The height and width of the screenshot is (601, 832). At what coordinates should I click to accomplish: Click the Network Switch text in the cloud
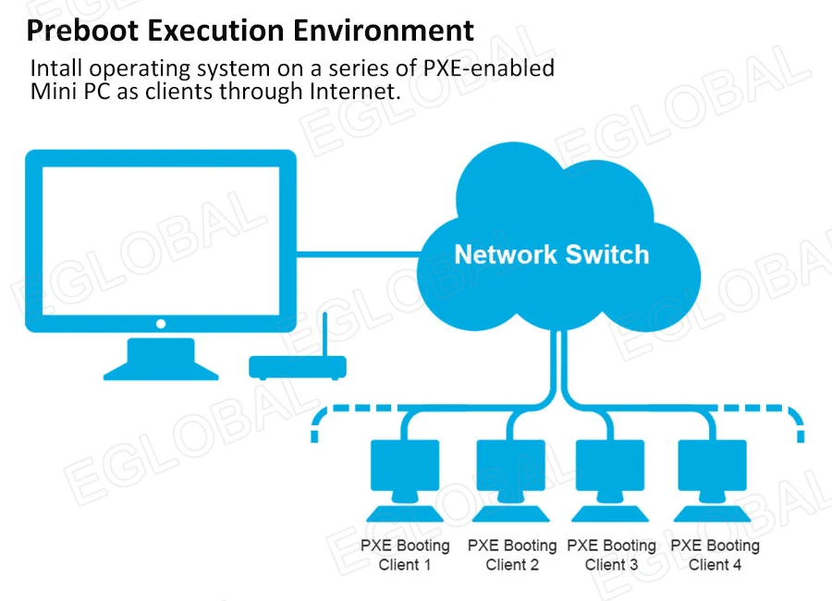[551, 254]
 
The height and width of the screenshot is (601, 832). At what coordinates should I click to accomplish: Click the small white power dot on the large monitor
[161, 324]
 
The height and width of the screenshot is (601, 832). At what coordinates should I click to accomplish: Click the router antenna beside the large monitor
[325, 333]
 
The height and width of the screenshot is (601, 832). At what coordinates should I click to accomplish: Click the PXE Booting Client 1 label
[405, 555]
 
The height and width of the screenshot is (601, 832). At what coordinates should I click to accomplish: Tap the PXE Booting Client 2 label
[511, 555]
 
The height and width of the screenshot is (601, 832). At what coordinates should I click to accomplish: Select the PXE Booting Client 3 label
[611, 555]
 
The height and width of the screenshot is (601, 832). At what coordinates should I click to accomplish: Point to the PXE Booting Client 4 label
[715, 555]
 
